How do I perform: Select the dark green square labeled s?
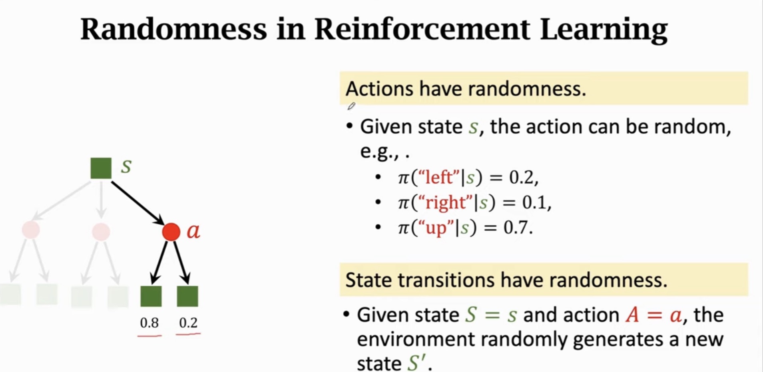101,168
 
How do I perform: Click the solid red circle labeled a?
171,232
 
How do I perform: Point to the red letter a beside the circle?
193,231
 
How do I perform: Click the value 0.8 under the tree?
149,323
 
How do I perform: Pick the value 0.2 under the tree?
188,323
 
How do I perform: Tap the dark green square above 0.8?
151,296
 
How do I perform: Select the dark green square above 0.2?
187,296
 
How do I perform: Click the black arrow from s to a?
138,203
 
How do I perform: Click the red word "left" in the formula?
439,177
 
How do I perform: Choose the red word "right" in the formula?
445,202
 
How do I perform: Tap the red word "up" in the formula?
436,228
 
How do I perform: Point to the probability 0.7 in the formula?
518,228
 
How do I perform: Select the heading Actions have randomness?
466,88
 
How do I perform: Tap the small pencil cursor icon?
351,106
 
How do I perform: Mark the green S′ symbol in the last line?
418,362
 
